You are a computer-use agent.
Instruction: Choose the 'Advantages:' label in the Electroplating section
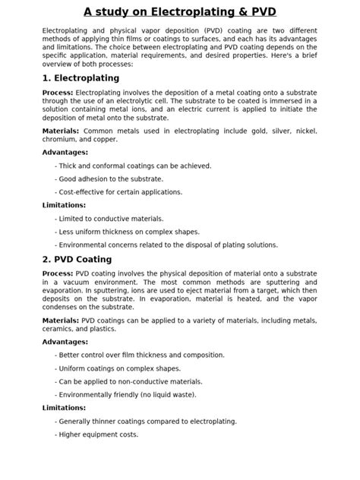point(65,152)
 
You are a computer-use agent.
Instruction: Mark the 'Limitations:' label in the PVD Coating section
point(65,408)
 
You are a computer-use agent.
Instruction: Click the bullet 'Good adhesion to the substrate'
point(108,178)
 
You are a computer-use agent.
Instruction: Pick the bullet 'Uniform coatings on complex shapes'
point(117,368)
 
